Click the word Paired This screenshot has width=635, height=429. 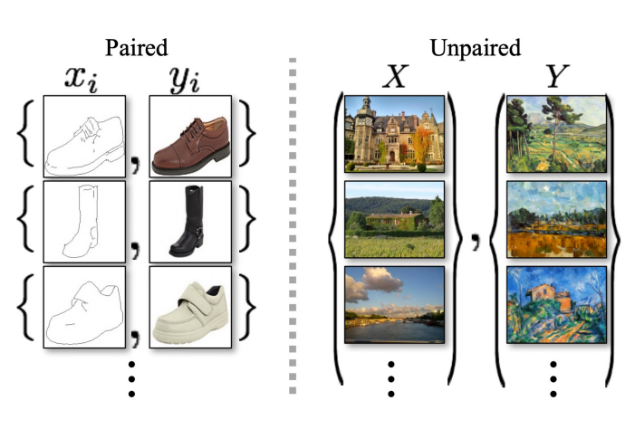click(x=136, y=46)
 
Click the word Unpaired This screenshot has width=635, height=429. click(x=474, y=46)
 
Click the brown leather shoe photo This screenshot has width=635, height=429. click(x=190, y=135)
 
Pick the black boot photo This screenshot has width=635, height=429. click(x=190, y=219)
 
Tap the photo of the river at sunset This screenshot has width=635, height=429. click(x=394, y=303)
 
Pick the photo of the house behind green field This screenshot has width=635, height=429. click(x=394, y=219)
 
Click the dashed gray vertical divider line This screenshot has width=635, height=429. click(x=292, y=226)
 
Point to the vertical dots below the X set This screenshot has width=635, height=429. click(x=391, y=377)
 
